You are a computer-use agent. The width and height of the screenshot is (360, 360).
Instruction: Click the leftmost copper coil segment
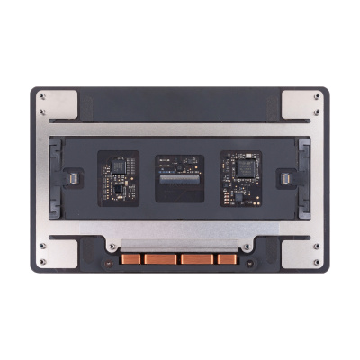pos(134,259)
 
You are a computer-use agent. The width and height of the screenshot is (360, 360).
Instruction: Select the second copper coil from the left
pos(163,259)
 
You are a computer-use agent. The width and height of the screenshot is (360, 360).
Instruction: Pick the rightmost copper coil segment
pos(225,259)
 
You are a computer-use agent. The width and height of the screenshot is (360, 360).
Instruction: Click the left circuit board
pos(118,175)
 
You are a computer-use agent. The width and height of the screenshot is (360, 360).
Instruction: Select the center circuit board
pos(180,175)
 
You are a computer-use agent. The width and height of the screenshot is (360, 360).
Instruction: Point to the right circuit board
pos(240,175)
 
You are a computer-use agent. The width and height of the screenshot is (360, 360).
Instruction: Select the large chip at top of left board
pos(118,164)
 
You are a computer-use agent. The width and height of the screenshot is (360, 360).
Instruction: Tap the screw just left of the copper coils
pos(112,247)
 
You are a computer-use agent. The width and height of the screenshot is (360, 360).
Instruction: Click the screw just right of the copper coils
pos(247,247)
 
